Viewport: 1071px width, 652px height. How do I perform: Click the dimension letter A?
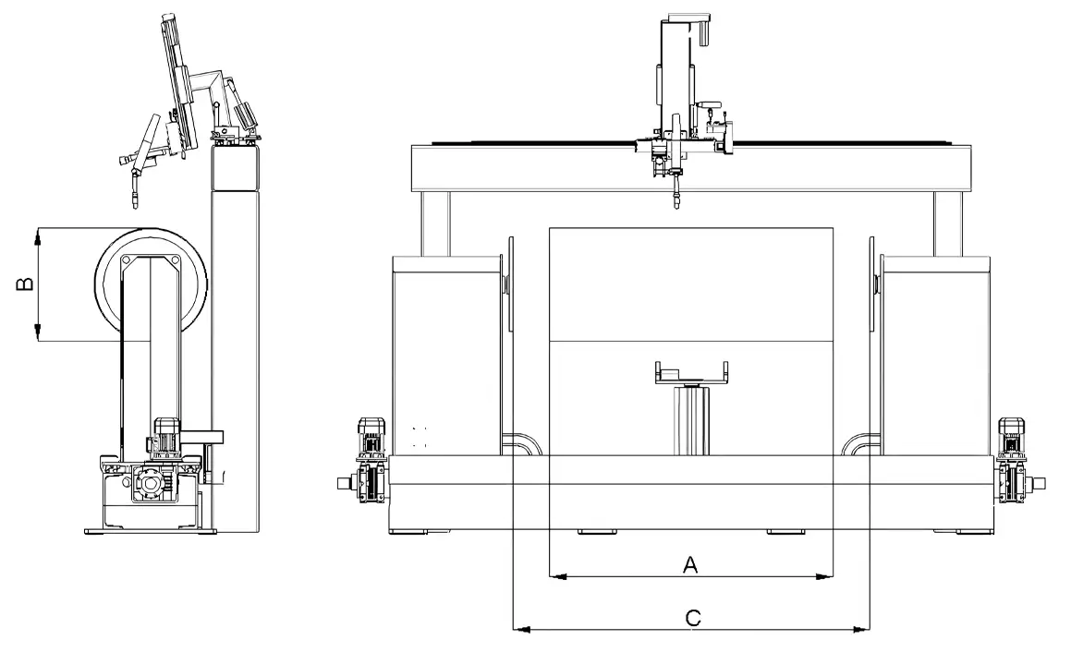coord(690,564)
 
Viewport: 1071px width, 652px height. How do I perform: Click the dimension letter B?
coord(25,284)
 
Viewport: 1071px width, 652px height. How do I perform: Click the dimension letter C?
coord(693,618)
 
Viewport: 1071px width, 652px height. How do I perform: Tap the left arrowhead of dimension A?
coord(558,577)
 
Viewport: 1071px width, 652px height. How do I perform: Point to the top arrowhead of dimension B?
coord(38,237)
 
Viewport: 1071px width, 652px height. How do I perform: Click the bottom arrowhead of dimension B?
coord(38,332)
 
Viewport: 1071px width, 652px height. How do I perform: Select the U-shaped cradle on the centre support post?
coord(691,373)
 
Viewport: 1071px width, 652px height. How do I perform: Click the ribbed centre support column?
coord(692,420)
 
